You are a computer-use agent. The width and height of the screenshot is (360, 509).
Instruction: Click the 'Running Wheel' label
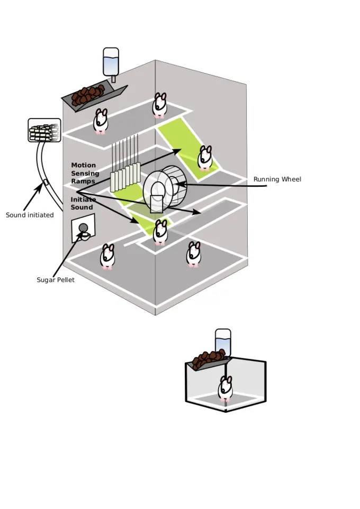(x=277, y=179)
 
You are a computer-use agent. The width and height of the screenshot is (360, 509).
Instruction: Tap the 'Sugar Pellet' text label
(x=56, y=280)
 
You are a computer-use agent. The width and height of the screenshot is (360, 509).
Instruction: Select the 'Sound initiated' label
(x=30, y=215)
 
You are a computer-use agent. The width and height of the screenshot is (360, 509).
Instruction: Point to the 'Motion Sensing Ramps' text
(x=85, y=173)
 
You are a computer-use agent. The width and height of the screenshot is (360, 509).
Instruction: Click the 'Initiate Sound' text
(x=83, y=203)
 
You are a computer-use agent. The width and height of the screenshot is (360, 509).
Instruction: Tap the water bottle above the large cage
(x=111, y=62)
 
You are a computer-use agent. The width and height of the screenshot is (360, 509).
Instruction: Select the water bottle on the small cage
(x=223, y=342)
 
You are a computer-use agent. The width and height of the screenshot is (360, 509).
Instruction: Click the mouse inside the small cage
(x=225, y=389)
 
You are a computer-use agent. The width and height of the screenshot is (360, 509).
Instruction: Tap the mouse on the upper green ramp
(x=205, y=158)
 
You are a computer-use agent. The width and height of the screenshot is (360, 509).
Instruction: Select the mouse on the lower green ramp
(x=160, y=232)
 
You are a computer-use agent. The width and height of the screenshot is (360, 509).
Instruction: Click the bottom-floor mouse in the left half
(x=107, y=256)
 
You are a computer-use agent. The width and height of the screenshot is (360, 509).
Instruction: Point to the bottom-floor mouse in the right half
(x=194, y=254)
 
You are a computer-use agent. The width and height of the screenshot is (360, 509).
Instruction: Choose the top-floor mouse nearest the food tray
(x=101, y=121)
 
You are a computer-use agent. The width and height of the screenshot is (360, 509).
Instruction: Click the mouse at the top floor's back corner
(x=160, y=105)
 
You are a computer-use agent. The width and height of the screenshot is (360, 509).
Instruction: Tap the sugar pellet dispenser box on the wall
(x=83, y=229)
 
